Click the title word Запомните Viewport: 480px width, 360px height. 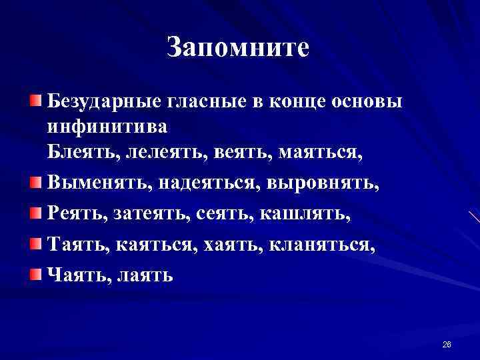(238, 48)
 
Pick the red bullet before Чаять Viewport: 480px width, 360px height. (35, 273)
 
